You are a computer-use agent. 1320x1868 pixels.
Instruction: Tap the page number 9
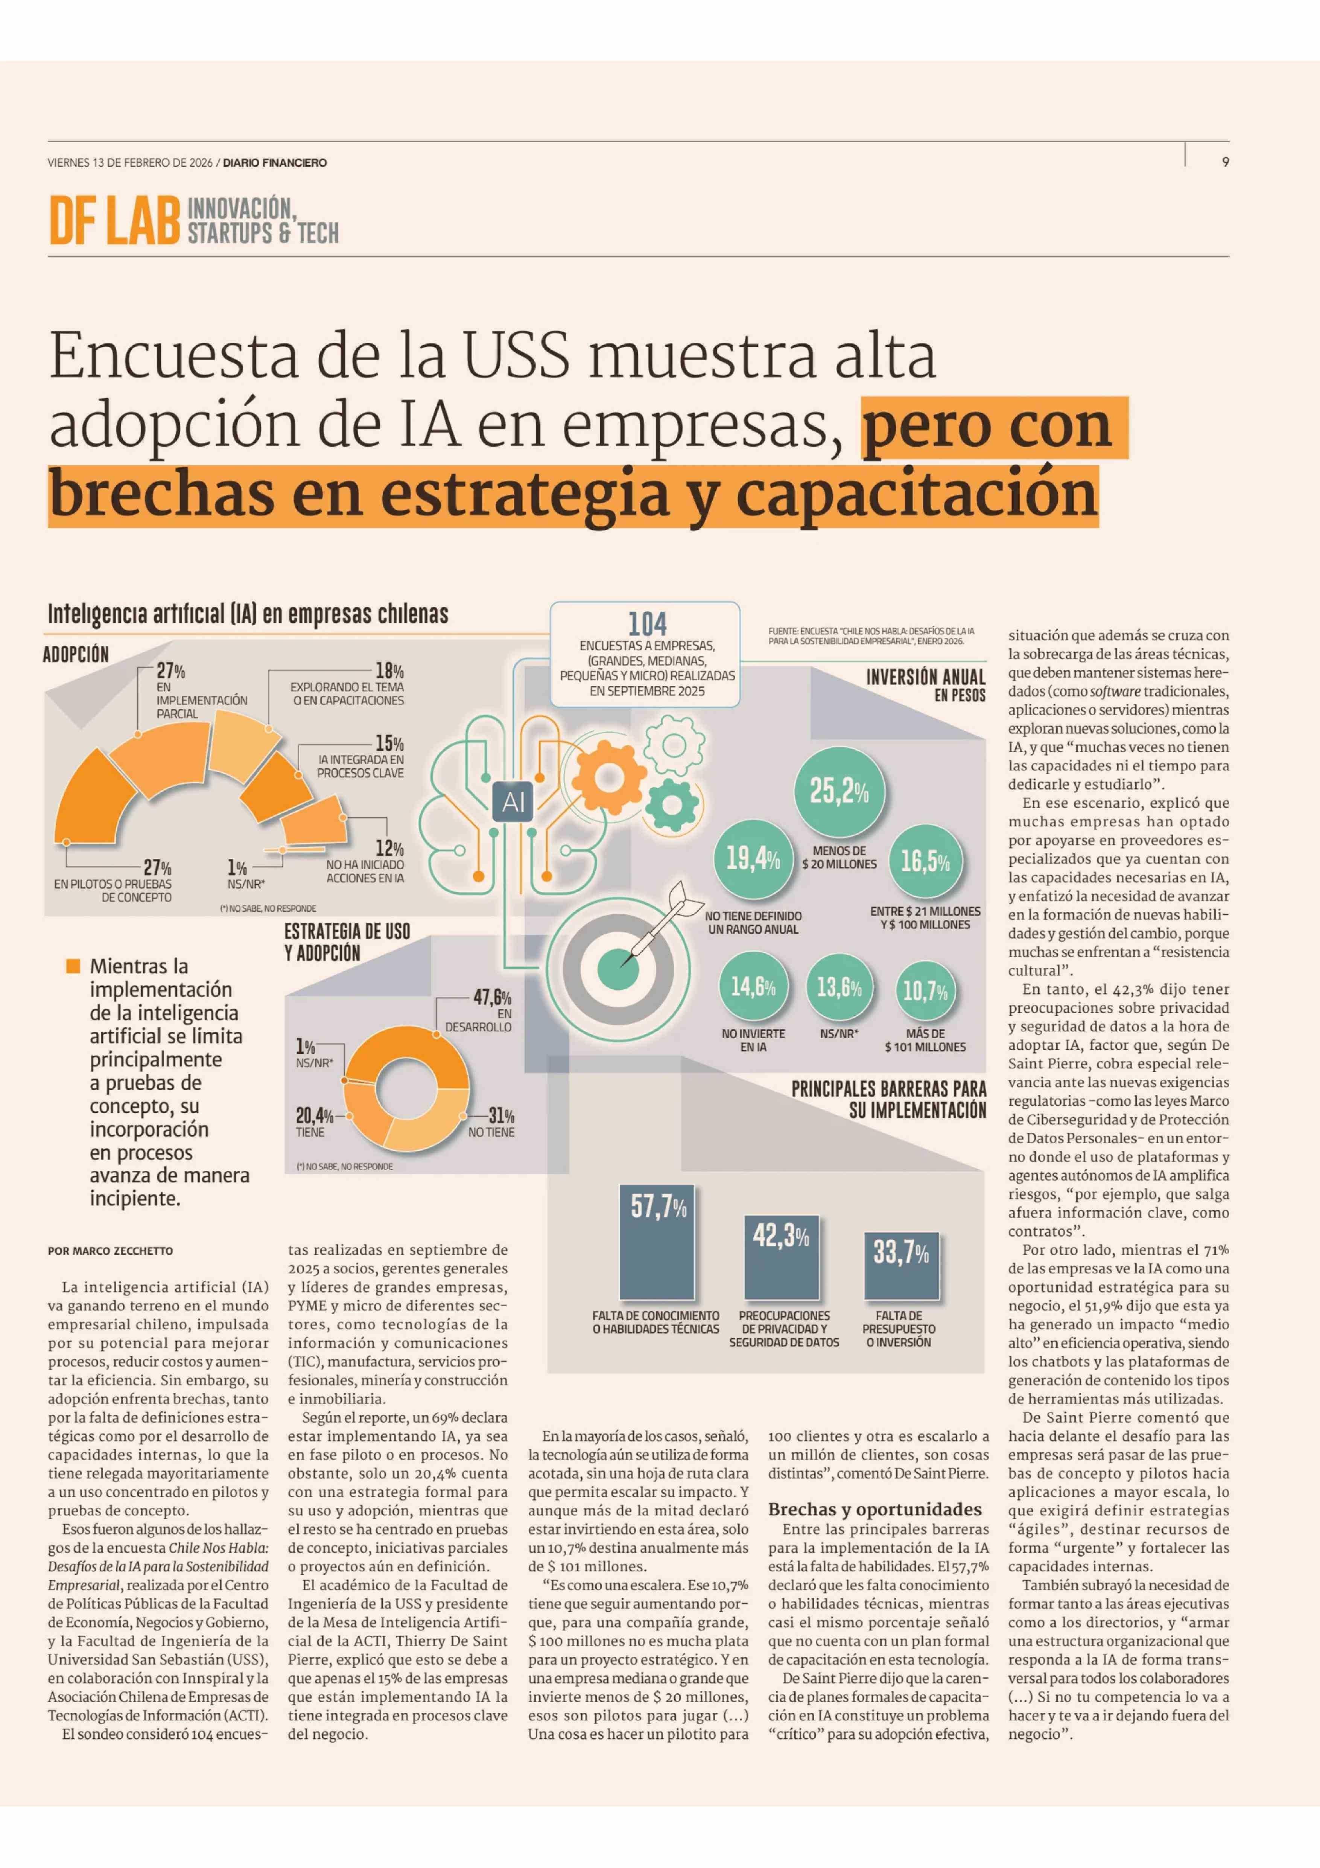[1225, 162]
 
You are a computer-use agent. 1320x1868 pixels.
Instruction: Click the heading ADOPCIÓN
[76, 654]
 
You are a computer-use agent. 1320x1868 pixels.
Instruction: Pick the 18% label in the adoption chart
[389, 671]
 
